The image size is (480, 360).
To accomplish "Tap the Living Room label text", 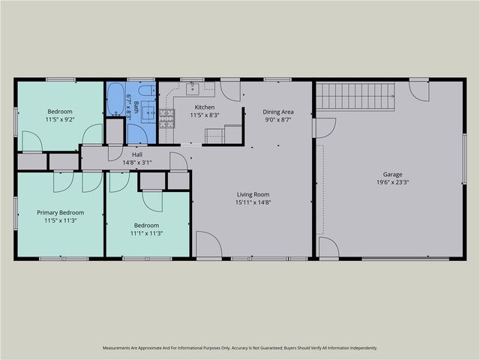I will pyautogui.click(x=251, y=193).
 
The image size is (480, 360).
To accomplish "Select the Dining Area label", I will pyautogui.click(x=277, y=111).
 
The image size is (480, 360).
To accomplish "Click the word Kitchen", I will pyautogui.click(x=203, y=106).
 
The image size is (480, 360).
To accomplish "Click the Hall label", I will pyautogui.click(x=137, y=154).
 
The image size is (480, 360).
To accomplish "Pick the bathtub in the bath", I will pyautogui.click(x=115, y=99).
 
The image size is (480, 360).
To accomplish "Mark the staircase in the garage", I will pyautogui.click(x=355, y=96).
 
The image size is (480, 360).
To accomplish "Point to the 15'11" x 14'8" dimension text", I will pyautogui.click(x=251, y=202).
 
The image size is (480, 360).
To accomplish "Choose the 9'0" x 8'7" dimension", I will pyautogui.click(x=277, y=119).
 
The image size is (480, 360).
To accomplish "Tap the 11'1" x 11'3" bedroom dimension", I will pyautogui.click(x=146, y=233).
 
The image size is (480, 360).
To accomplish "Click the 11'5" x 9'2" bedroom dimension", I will pyautogui.click(x=60, y=119).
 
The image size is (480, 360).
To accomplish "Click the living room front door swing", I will pyautogui.click(x=208, y=244).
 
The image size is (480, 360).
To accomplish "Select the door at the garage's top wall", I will pyautogui.click(x=418, y=90).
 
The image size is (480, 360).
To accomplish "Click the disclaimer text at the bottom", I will pyautogui.click(x=240, y=348).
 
